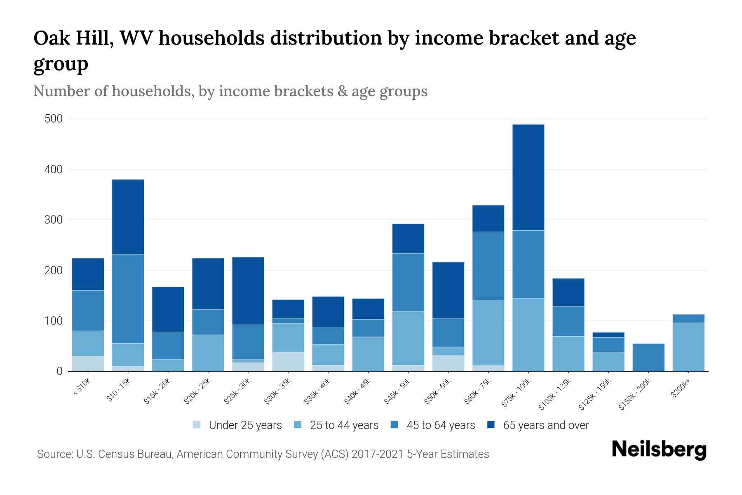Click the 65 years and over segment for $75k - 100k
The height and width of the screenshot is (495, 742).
coord(528,177)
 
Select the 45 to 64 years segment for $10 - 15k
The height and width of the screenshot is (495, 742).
coord(128,299)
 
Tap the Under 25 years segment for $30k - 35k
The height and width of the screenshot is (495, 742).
coord(288,362)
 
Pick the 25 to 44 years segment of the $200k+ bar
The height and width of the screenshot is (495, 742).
coord(688,347)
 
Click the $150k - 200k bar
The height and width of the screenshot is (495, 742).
coord(648,357)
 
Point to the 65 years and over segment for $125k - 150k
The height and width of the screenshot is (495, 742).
coord(608,335)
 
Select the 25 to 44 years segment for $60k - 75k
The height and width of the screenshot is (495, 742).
coord(488,333)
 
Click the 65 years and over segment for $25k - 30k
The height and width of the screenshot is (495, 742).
coord(248,291)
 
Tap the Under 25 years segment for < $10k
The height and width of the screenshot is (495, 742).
coord(88,363)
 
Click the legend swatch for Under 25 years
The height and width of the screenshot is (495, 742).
coord(197,425)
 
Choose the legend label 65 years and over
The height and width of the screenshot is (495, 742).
coord(546,425)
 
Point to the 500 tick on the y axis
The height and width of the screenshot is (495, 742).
coord(54,119)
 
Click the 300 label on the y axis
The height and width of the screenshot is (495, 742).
coord(54,220)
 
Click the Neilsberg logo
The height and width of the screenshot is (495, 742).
coord(659,449)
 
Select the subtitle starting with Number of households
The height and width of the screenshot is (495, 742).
coord(230,91)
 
